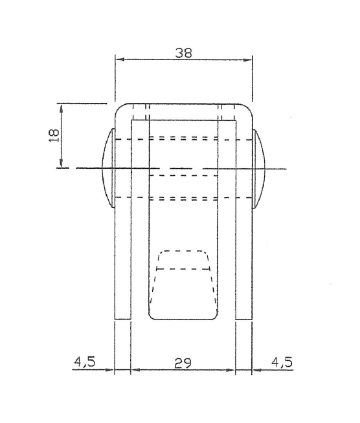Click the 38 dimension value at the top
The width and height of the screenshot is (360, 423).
click(184, 53)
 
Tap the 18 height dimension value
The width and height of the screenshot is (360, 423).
click(54, 136)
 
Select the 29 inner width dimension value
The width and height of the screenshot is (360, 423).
click(183, 363)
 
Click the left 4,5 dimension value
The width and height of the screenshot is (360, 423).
click(85, 362)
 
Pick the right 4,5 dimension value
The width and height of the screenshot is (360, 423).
click(282, 362)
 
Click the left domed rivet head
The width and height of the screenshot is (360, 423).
click(108, 168)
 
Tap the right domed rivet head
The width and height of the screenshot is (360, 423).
click(259, 169)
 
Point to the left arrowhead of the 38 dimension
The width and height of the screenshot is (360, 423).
click(120, 60)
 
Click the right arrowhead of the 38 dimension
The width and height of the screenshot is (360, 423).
click(247, 60)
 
